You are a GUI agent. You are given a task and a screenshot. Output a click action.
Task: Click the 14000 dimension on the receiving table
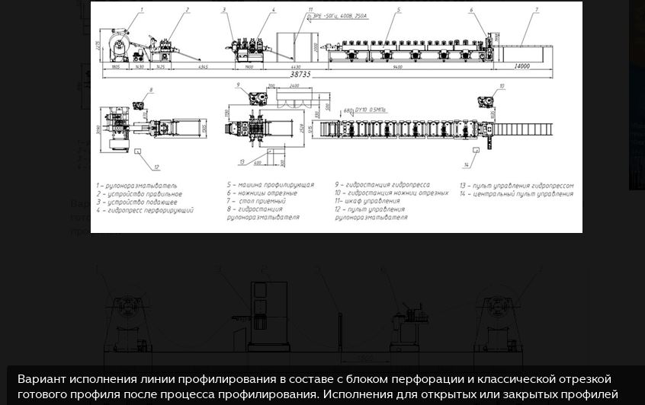click(521, 66)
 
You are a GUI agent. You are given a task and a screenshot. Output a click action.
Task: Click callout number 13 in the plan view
click(240, 161)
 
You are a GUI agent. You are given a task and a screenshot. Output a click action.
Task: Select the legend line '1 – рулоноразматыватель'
click(136, 184)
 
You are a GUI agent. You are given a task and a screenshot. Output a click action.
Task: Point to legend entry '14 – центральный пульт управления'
click(515, 193)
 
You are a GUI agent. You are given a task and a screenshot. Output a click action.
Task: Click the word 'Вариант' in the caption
click(40, 379)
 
